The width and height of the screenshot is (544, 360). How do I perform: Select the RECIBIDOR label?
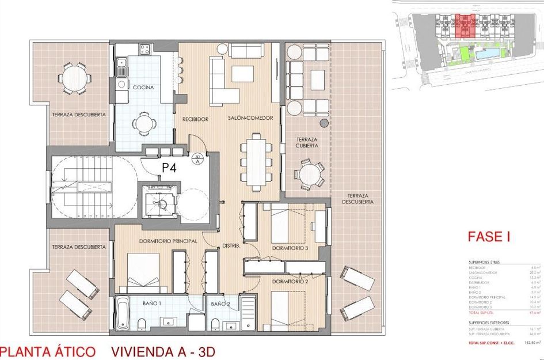[x=195, y=119]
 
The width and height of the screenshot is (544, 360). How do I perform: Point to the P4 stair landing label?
[x=168, y=168]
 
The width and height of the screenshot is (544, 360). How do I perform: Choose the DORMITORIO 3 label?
[x=291, y=248]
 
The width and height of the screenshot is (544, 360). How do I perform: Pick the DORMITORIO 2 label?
[x=291, y=282]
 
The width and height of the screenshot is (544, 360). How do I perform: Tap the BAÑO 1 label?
[x=152, y=303]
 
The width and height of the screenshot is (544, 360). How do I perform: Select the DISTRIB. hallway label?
[x=231, y=247]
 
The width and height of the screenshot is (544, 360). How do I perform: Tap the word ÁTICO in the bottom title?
[x=75, y=351]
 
